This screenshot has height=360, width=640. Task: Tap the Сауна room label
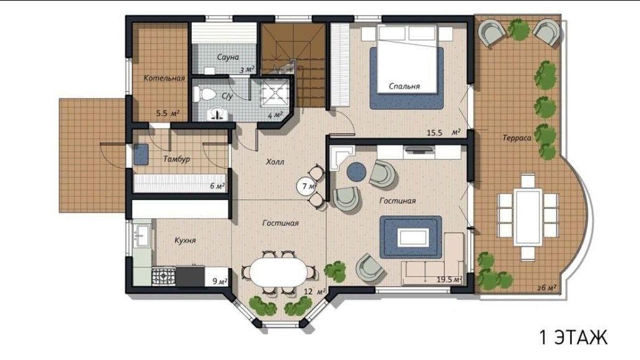pos(228,57)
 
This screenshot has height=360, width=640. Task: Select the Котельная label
pos(164,77)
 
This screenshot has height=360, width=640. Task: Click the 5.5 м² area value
pos(167,113)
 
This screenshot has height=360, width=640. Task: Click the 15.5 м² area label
pos(444,132)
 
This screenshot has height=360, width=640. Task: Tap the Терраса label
pos(517,138)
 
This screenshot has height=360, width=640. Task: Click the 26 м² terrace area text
pos(546,287)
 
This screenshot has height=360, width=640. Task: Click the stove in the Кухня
pos(164,276)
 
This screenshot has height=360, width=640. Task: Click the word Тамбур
pos(176,159)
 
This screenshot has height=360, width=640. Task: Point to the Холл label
pos(275,162)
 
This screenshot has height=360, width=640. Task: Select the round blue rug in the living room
pos(357,171)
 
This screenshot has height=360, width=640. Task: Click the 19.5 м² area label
pos(449,279)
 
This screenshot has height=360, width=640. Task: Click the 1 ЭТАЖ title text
pos(574,337)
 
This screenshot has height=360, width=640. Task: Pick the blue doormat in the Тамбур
pos(141,155)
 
